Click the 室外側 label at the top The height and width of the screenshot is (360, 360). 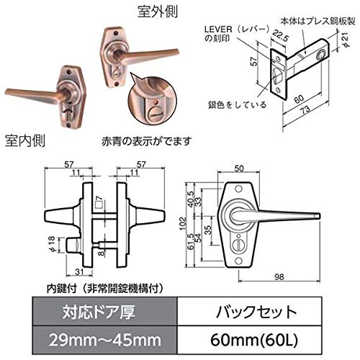[x=158, y=12]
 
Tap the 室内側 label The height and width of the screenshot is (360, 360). [x=25, y=140]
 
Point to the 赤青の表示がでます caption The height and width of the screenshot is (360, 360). [x=147, y=141]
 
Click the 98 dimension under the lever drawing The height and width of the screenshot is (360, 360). [x=279, y=277]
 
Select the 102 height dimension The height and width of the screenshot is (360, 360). [x=183, y=224]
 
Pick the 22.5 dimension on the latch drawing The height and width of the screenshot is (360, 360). [x=279, y=35]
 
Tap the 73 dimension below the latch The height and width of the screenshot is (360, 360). [x=305, y=110]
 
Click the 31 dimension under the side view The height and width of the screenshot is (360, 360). [x=79, y=271]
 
